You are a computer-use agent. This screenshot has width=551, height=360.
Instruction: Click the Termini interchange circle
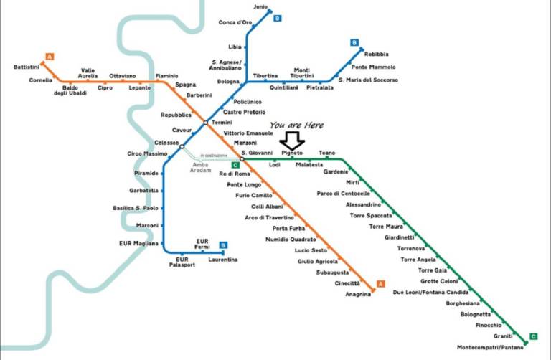click(x=206, y=123)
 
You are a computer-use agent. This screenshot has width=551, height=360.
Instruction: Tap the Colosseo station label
click(x=166, y=143)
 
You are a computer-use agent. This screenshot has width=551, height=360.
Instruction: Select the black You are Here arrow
click(x=292, y=141)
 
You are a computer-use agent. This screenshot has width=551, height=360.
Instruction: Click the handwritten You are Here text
click(x=296, y=125)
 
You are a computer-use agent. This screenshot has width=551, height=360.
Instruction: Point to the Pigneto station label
click(x=292, y=153)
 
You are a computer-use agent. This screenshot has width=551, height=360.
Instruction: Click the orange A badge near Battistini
click(x=50, y=57)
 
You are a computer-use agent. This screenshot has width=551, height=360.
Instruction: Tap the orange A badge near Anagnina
click(x=380, y=284)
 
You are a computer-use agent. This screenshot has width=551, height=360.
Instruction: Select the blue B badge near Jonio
click(x=277, y=18)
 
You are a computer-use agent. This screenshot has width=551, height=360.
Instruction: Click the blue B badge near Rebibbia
click(x=354, y=43)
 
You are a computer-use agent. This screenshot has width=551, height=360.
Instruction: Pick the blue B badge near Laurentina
click(x=223, y=245)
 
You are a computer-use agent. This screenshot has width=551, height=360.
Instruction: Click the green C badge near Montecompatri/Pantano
click(x=534, y=336)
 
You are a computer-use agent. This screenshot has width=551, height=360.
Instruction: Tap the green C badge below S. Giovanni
click(x=235, y=165)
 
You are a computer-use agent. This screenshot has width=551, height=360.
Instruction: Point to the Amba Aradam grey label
click(x=201, y=168)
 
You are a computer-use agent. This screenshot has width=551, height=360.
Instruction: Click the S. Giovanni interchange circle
click(x=242, y=159)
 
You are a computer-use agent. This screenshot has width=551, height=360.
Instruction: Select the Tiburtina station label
click(x=265, y=76)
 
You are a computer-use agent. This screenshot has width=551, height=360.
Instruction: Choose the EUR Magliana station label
click(x=138, y=243)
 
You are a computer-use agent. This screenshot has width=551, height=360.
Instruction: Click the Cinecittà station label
click(x=347, y=283)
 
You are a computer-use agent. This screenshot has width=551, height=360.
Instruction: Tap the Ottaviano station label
click(x=122, y=76)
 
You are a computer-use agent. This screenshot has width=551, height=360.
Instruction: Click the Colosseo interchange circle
click(x=182, y=146)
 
